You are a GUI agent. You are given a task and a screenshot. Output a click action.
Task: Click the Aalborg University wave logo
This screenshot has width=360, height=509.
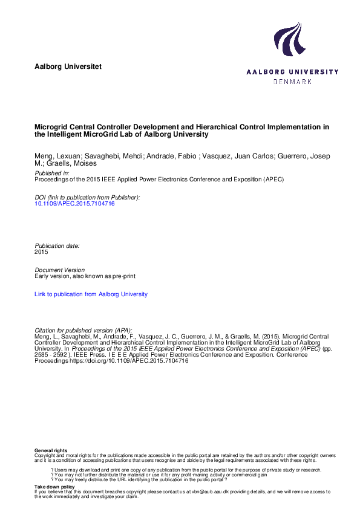[x=290, y=39]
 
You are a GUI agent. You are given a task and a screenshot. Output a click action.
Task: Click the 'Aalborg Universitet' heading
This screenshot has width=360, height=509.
[x=68, y=65]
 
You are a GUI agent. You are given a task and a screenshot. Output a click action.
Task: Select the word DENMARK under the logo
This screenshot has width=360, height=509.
[x=292, y=81]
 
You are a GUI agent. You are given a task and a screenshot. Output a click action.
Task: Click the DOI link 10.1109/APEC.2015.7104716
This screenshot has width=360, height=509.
[x=75, y=204]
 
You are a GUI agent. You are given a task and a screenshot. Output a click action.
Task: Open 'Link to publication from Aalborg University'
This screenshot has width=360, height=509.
[x=91, y=294]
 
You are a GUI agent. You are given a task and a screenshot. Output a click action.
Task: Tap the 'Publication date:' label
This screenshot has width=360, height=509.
[x=57, y=246]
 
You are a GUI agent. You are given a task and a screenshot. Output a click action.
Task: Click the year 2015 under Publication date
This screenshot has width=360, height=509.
[x=41, y=252]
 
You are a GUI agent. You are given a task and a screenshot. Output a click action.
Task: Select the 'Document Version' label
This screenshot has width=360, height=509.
[x=60, y=270]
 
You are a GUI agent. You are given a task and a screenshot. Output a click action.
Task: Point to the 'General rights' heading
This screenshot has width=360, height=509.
[x=51, y=451]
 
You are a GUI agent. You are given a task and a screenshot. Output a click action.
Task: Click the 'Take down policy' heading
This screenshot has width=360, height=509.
[x=54, y=486]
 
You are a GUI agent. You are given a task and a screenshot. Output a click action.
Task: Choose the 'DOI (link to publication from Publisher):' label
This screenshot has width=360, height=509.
[x=87, y=198]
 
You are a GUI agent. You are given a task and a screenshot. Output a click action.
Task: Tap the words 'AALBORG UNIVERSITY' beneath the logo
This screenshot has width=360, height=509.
[x=292, y=72]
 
